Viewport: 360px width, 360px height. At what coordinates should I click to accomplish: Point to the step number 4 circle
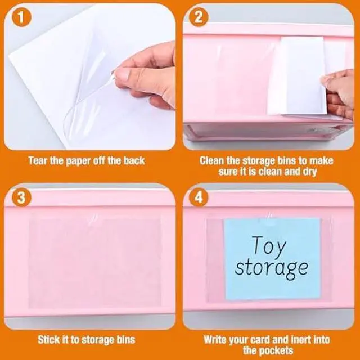click(200, 198)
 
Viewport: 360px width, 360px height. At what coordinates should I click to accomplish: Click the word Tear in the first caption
click(38, 161)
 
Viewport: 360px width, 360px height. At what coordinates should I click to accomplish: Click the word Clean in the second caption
click(213, 161)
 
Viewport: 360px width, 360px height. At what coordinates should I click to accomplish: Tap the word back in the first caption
click(134, 161)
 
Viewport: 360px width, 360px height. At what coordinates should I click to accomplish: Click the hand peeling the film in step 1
click(147, 73)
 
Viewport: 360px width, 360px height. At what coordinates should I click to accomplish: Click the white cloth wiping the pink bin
click(295, 76)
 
